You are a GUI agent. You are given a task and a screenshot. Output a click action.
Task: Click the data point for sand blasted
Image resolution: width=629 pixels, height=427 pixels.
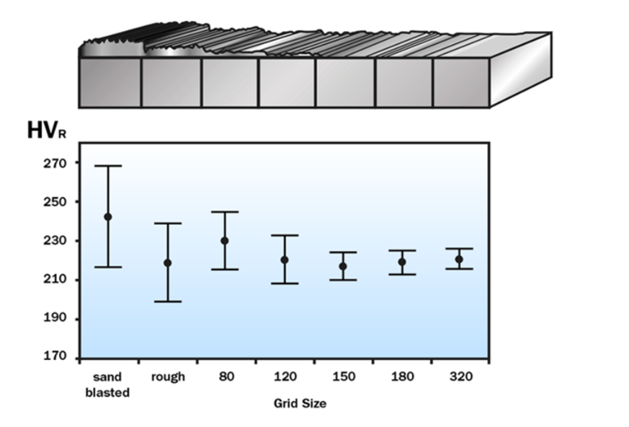pos(108,216)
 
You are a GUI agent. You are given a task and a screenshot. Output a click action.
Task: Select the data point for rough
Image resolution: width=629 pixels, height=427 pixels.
pos(168,263)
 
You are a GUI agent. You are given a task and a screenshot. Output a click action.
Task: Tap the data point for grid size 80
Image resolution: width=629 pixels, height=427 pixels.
pos(225,240)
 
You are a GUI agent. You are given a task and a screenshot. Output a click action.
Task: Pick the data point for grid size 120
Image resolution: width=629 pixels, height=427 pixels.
pos(285,260)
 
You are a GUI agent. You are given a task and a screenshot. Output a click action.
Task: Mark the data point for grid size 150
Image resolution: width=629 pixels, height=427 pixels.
pos(343,266)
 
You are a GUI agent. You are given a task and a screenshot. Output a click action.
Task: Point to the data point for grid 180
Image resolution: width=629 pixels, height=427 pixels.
pos(402,262)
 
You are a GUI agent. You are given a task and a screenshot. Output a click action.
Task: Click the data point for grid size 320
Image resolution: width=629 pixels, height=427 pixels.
pos(459,259)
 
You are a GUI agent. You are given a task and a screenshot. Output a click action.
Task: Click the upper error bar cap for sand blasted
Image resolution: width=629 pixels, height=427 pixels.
pos(108,166)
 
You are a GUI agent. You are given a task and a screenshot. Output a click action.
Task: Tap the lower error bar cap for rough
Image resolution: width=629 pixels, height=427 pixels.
pos(168,301)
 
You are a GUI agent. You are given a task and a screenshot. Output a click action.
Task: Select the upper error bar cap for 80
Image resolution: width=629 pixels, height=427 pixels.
pos(225,212)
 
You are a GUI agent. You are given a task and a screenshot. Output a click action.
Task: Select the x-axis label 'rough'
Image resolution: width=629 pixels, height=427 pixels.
pos(168,377)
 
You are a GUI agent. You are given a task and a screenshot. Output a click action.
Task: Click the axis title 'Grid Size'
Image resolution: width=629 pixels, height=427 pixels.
pos(300,403)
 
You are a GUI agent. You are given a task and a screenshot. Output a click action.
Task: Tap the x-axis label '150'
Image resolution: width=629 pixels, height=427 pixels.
pos(343,377)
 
